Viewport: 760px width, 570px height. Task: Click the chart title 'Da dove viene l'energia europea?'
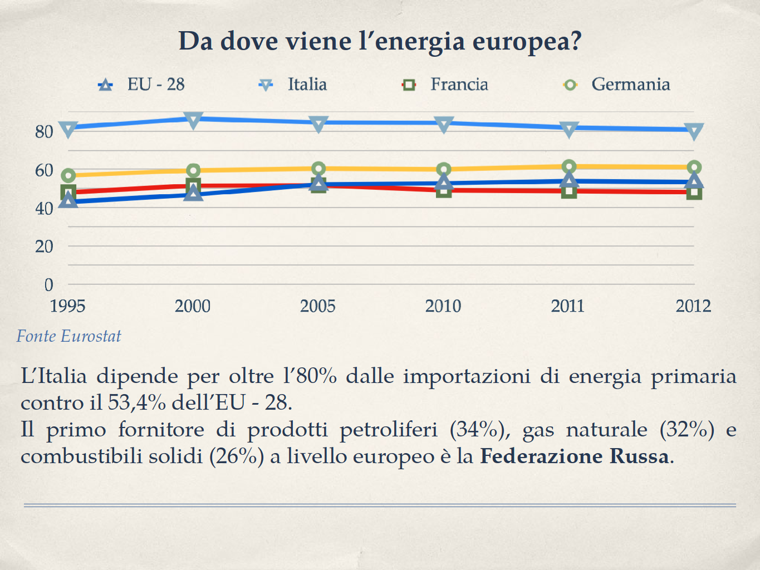[x=380, y=41]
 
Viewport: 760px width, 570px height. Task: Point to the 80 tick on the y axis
[x=44, y=132]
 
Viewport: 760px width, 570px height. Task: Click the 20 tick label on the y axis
[x=44, y=246]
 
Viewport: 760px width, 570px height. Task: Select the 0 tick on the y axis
[x=49, y=284]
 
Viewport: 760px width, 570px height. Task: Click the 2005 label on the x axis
[x=318, y=306]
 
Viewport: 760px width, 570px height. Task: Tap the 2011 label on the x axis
[x=568, y=306]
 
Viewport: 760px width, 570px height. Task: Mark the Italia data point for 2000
[x=193, y=120]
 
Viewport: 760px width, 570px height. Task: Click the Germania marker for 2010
[x=444, y=170]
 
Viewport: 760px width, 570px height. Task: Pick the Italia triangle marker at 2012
[x=694, y=131]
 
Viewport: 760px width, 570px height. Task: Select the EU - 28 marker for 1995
[x=68, y=200]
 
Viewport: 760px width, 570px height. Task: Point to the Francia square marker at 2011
[x=568, y=191]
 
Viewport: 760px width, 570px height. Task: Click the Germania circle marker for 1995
[x=68, y=176]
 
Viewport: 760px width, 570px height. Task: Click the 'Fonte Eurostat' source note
[x=68, y=336]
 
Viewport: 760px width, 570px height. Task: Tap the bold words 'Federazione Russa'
[x=574, y=456]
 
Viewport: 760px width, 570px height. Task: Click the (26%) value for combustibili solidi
[x=237, y=456]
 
